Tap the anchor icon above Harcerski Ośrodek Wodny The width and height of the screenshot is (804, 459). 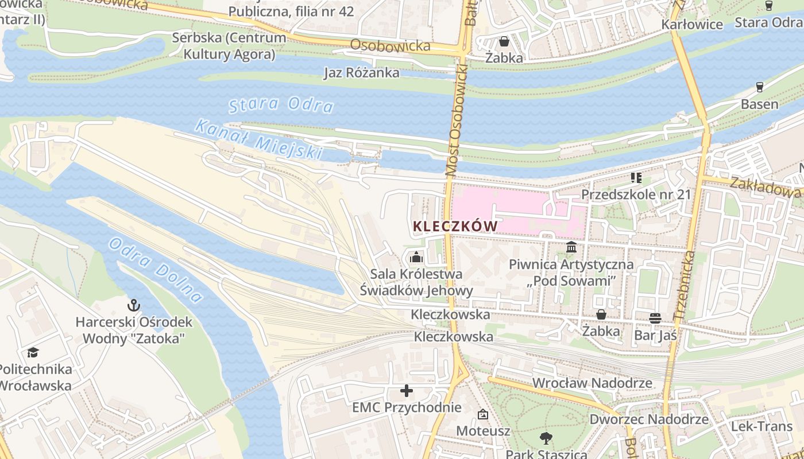[134, 305]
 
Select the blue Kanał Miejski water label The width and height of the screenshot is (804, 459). [258, 139]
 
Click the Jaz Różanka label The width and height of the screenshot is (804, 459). [361, 73]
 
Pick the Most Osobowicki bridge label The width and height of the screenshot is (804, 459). [457, 115]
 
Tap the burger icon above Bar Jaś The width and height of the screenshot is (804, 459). [655, 317]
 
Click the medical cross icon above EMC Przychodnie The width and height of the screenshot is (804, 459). [407, 391]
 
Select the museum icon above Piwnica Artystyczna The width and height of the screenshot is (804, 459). [571, 247]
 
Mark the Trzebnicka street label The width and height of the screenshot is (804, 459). [683, 286]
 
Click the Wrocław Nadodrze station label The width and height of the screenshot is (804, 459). [592, 383]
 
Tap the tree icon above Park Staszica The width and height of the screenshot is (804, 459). [546, 438]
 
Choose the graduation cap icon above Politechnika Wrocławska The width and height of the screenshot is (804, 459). [33, 352]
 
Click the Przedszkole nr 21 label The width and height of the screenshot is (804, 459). [636, 195]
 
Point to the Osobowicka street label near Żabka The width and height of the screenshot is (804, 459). [390, 45]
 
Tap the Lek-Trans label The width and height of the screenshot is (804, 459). [762, 426]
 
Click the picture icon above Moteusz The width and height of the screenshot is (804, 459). [483, 414]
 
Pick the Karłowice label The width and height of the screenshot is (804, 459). [692, 25]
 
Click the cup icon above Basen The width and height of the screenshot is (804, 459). [760, 87]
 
